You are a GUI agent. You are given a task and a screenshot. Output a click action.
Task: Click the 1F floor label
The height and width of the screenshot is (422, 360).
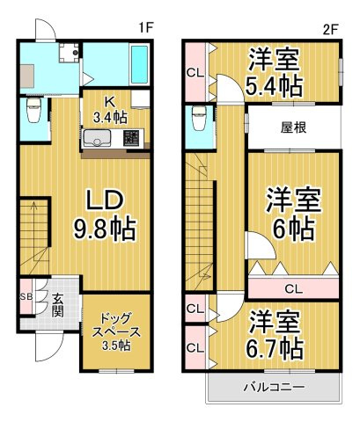click(x=147, y=27)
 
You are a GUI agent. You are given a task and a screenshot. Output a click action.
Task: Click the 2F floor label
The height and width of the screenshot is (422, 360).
click(x=330, y=27)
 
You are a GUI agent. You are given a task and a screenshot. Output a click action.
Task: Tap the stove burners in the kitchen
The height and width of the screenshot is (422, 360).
click(x=132, y=138)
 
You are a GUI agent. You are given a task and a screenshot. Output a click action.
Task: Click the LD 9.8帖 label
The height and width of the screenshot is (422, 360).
click(x=103, y=214)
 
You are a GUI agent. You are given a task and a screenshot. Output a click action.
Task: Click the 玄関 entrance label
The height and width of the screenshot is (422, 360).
click(x=55, y=304)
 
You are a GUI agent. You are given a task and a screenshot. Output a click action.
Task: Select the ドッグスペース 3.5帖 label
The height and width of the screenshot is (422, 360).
click(x=114, y=331)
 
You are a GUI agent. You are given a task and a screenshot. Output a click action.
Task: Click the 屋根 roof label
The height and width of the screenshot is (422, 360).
click(x=293, y=127)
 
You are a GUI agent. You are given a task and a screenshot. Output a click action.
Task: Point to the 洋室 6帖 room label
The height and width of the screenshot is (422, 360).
click(x=291, y=214)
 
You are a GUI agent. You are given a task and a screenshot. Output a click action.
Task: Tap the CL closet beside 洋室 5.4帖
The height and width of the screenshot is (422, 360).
click(x=195, y=74)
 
